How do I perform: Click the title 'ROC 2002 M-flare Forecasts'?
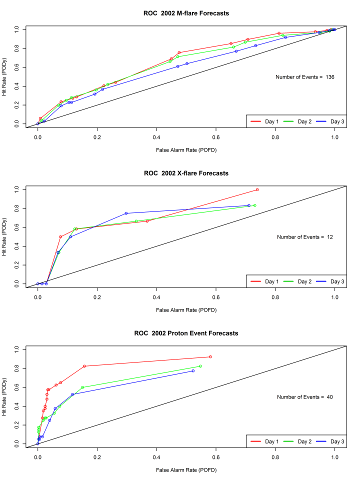183,13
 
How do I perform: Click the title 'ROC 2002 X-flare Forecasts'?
183,173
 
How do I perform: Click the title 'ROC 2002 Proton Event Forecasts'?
183,333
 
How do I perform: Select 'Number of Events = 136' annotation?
304,77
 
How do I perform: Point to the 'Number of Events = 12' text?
305,237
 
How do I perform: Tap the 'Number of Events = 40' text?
305,397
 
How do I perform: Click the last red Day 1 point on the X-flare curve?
257,189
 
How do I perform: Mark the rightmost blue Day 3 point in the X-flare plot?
248,205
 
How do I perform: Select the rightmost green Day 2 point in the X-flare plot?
254,205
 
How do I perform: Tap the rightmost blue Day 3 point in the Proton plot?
193,370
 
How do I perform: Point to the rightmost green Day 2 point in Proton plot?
200,366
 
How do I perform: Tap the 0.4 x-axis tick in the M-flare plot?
156,136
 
